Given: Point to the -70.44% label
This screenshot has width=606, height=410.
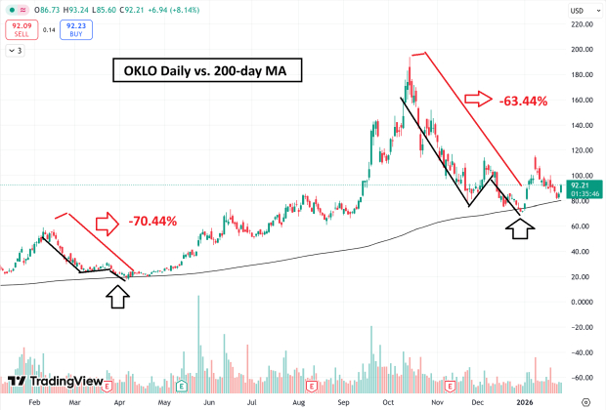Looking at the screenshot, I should [152, 221].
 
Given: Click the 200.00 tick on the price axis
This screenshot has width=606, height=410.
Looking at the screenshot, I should [582, 49].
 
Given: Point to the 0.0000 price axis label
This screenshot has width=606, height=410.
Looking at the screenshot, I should [583, 302].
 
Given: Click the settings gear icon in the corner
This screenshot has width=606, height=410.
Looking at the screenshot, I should [586, 400].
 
